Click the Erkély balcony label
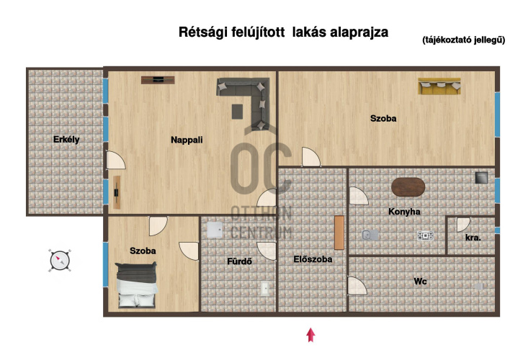click(66, 140)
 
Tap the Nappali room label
click(187, 140)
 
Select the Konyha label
click(404, 212)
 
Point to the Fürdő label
click(239, 261)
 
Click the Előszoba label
click(313, 259)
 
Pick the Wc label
click(420, 282)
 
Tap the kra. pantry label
click(473, 238)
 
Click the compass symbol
click(60, 261)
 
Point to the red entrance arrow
click(311, 335)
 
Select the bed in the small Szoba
click(136, 285)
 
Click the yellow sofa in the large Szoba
click(439, 86)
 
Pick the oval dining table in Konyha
click(408, 187)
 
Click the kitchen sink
click(370, 235)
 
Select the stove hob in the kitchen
click(425, 235)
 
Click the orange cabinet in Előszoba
click(339, 233)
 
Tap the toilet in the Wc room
click(479, 287)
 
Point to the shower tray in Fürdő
click(215, 230)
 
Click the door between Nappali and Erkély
click(115, 161)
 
